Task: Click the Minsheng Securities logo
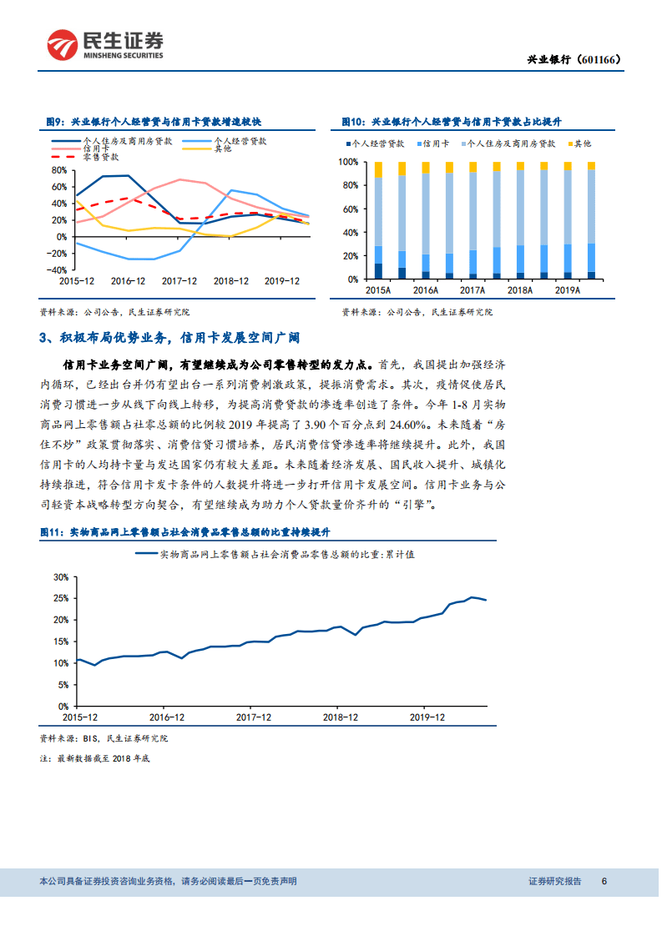click(105, 45)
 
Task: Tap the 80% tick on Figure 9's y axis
click(58, 169)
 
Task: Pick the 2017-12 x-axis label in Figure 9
click(179, 281)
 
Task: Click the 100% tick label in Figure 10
click(347, 162)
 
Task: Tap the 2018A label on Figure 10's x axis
click(520, 290)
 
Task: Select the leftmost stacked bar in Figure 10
click(378, 219)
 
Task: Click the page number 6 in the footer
click(604, 881)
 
